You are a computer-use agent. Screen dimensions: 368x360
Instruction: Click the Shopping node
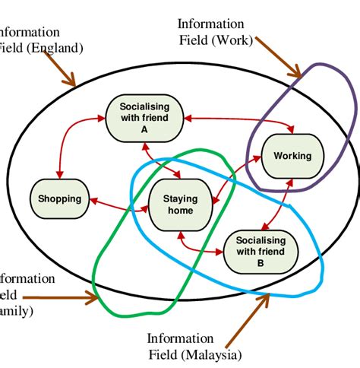coord(59,198)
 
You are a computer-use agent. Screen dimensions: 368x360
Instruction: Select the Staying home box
coord(180,205)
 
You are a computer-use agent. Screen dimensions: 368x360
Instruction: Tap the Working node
coord(292,156)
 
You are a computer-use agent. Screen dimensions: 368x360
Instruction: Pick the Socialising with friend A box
coord(144,118)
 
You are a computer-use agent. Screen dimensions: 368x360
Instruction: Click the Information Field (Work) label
coord(215,33)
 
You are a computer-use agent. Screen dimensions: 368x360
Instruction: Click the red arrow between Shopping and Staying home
coord(118,203)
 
